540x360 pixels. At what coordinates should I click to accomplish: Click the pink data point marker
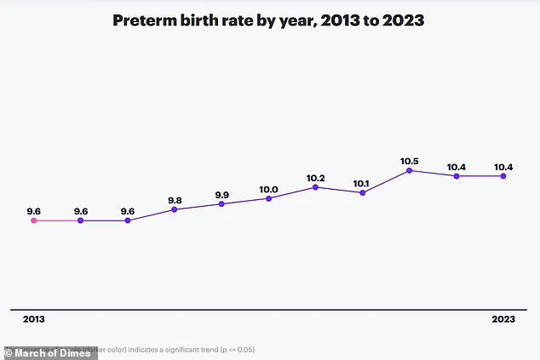(34, 220)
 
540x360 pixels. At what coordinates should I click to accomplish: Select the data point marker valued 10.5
(409, 170)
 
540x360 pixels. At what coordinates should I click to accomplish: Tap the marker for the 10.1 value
(363, 193)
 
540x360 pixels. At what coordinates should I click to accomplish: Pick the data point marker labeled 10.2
(315, 186)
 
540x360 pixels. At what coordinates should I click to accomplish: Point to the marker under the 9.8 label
(175, 209)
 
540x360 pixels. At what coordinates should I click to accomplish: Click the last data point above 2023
(503, 176)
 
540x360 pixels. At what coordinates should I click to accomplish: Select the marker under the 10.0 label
(268, 198)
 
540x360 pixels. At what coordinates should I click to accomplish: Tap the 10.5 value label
(409, 160)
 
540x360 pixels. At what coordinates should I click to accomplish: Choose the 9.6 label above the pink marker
(34, 210)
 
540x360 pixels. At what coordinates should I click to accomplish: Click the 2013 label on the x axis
(33, 319)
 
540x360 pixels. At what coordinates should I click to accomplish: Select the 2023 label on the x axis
(503, 319)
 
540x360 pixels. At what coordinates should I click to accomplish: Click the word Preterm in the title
(146, 22)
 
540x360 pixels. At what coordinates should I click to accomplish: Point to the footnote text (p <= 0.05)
(230, 349)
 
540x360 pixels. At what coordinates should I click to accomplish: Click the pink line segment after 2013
(57, 220)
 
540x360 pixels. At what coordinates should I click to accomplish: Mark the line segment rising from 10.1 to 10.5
(386, 181)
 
